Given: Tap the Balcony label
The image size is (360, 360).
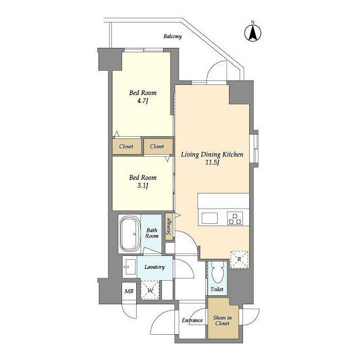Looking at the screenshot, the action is point(173,36).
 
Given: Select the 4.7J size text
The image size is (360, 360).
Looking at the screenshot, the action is point(142,101).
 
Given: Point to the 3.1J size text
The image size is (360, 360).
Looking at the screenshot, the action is point(142,186).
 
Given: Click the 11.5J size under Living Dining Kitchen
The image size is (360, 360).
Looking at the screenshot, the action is point(212,163).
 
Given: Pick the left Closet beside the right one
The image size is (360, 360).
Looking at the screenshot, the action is point(127,146).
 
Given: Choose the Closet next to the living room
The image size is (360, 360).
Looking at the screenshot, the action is point(158,146).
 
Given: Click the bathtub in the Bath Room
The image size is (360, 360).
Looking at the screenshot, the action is point(130,234).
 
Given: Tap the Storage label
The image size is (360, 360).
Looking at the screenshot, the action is point(169,226).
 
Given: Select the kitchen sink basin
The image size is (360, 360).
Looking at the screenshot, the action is point(209,218).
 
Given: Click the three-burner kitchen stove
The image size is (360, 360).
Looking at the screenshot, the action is point(235,218).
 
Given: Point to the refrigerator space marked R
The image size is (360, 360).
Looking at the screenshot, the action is point(239,260).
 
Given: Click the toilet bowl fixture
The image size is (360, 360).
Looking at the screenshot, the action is point(217,272).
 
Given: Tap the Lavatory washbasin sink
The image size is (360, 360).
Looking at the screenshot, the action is point(129,267).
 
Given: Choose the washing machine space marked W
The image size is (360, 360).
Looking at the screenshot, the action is point(150,290).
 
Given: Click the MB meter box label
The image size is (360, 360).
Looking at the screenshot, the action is point(129,291).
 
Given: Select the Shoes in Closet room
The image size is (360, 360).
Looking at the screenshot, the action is point(223,318).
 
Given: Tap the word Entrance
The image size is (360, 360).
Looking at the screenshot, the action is point(192,320).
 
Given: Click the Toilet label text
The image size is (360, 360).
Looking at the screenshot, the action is point(217,289).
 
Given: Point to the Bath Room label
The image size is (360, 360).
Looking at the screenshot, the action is point(152,233).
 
